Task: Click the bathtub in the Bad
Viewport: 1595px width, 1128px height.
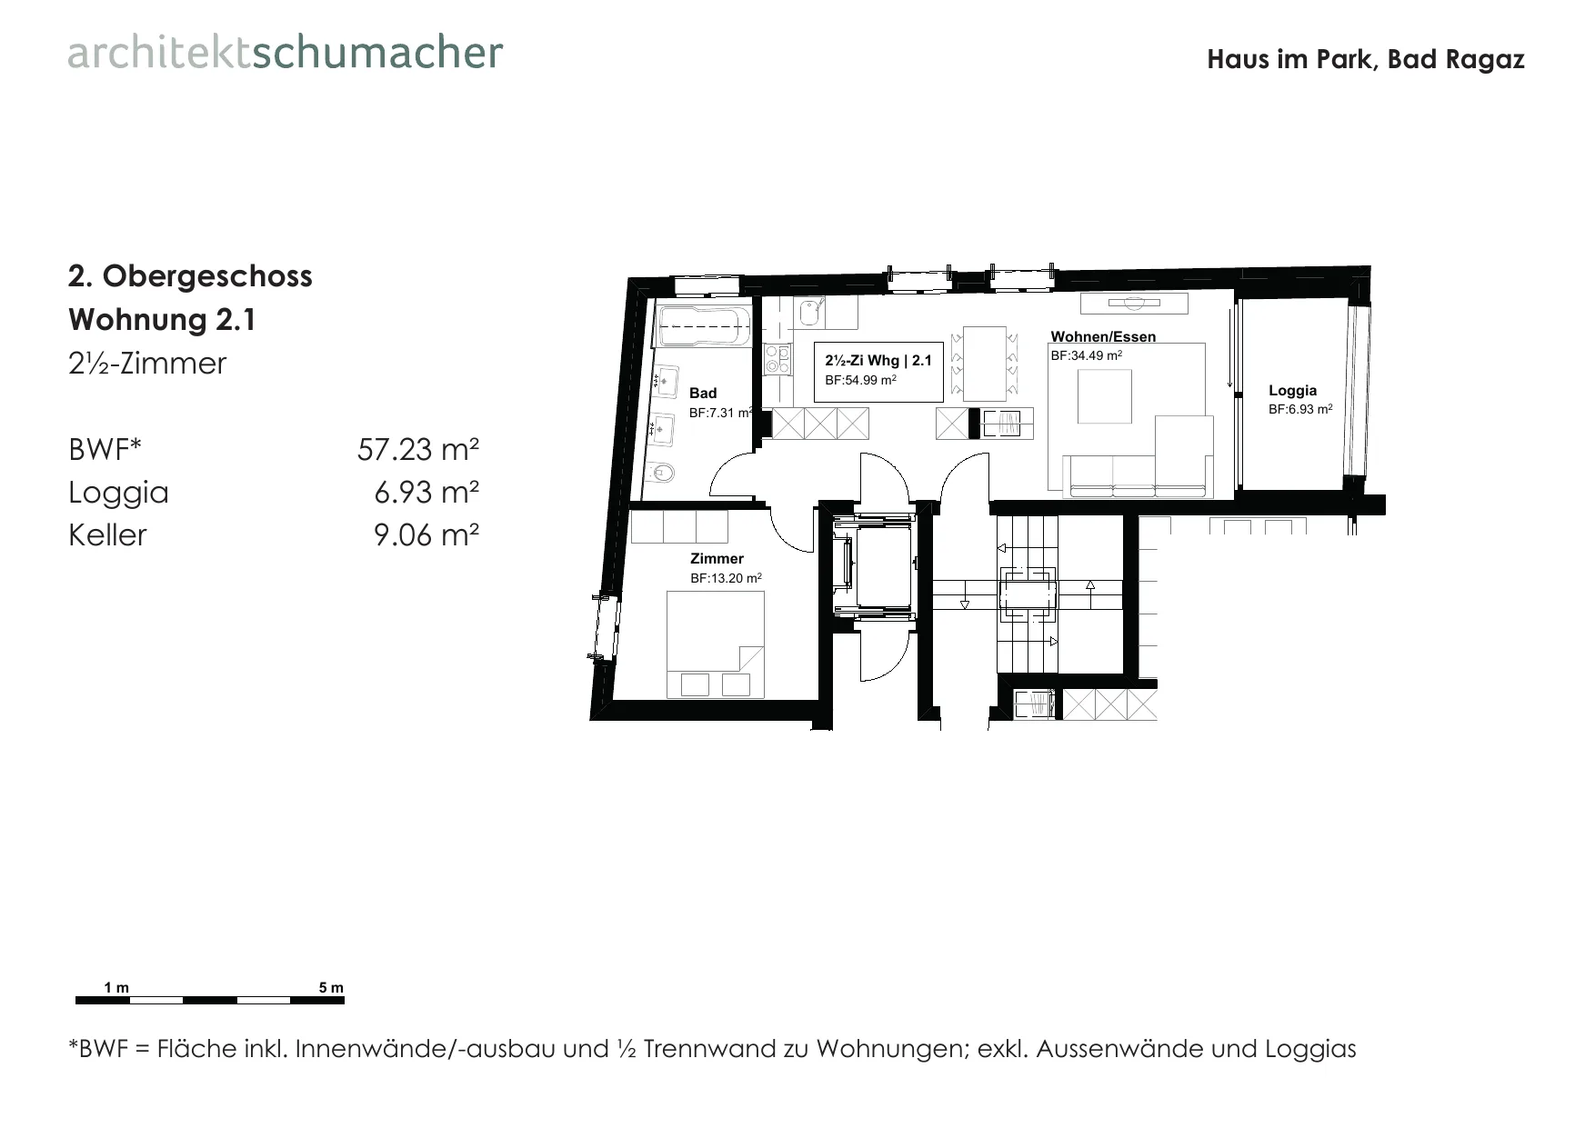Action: [x=704, y=326]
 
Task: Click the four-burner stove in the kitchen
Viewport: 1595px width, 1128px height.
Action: [x=777, y=360]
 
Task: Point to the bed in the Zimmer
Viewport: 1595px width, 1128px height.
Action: [x=716, y=644]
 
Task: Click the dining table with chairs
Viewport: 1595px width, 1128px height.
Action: [x=984, y=364]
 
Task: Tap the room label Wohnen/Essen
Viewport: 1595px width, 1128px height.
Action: [x=1103, y=336]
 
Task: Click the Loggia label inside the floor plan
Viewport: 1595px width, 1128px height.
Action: [x=1292, y=391]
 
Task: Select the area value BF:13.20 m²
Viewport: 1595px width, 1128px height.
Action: [x=726, y=578]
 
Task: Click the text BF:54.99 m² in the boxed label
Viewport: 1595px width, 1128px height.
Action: [x=860, y=381]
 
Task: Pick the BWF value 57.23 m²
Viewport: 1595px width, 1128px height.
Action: [x=418, y=449]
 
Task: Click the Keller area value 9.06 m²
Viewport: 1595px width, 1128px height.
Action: [x=426, y=534]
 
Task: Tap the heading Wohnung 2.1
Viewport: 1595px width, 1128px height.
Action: [x=163, y=320]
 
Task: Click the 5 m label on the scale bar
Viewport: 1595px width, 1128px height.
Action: [x=332, y=988]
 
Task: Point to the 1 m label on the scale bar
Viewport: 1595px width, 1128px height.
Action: [x=116, y=988]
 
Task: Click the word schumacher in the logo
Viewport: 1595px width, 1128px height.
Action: [x=377, y=53]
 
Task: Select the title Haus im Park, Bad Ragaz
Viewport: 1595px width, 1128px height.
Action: [x=1366, y=60]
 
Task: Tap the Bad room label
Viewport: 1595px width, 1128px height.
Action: [x=703, y=394]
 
